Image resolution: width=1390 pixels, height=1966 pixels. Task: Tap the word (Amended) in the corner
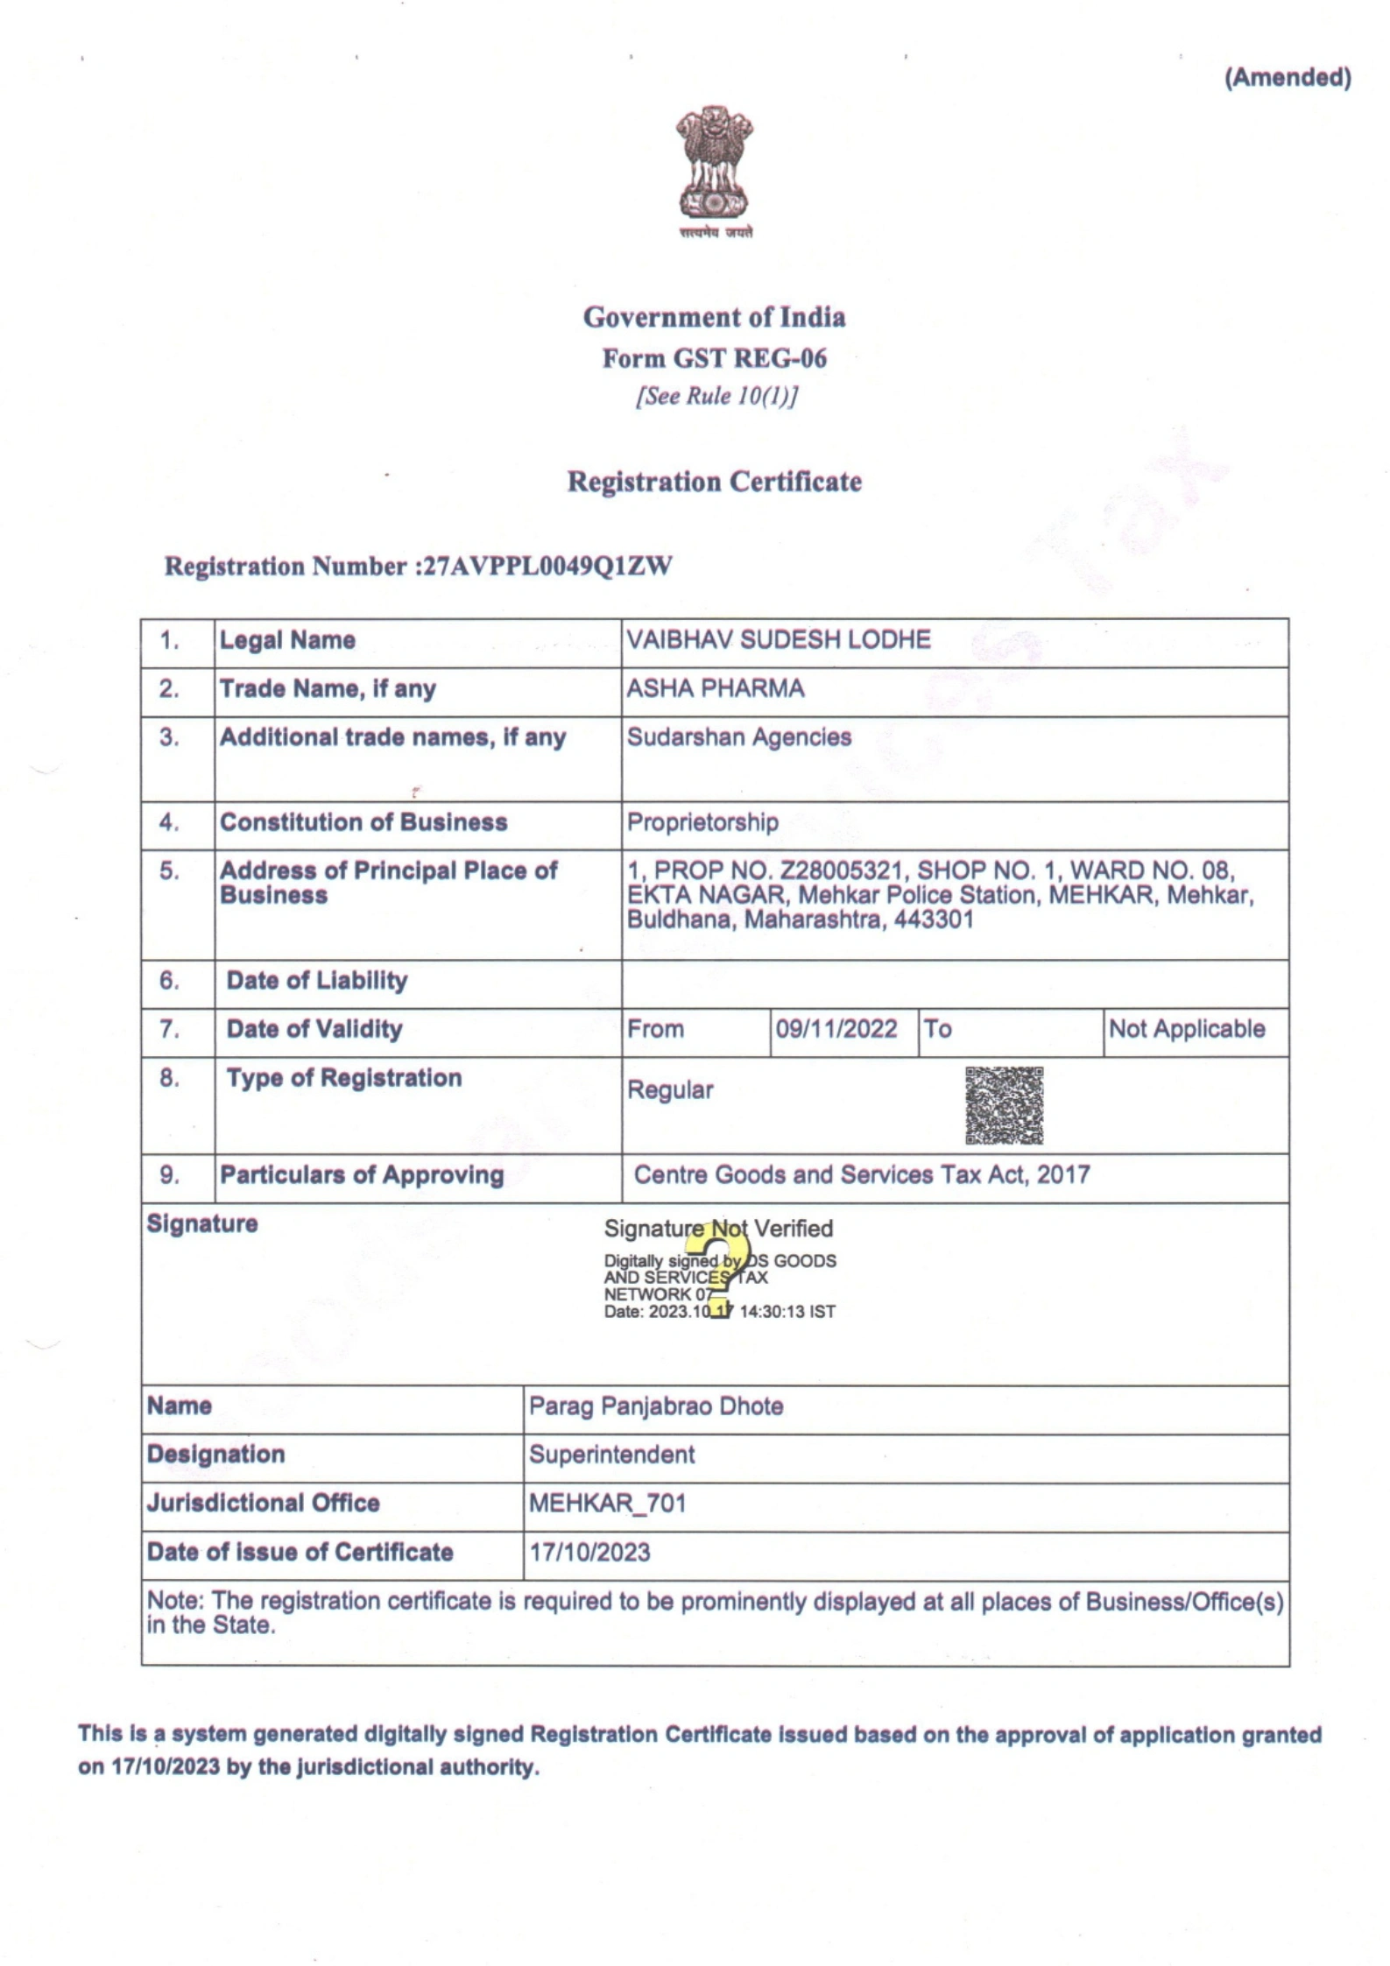pyautogui.click(x=1287, y=78)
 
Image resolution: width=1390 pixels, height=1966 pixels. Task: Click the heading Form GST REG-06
pyautogui.click(x=714, y=358)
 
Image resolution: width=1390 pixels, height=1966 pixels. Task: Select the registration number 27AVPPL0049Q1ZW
pyautogui.click(x=547, y=567)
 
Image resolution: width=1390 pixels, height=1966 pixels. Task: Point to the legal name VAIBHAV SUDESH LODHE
pyautogui.click(x=778, y=640)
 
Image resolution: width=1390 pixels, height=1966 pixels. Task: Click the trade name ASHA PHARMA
pyautogui.click(x=715, y=688)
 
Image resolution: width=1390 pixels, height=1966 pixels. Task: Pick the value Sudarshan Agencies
pyautogui.click(x=738, y=737)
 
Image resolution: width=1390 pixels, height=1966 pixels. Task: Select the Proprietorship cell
pyautogui.click(x=702, y=822)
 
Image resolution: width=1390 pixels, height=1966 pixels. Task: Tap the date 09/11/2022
pyautogui.click(x=836, y=1029)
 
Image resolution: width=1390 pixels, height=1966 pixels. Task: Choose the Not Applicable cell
pyautogui.click(x=1186, y=1029)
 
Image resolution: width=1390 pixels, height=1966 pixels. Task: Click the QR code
pyautogui.click(x=1004, y=1105)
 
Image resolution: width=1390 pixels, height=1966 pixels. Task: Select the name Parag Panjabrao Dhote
pyautogui.click(x=655, y=1406)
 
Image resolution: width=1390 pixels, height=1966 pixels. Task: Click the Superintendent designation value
pyautogui.click(x=611, y=1455)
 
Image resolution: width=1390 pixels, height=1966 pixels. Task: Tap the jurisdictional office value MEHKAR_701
pyautogui.click(x=607, y=1504)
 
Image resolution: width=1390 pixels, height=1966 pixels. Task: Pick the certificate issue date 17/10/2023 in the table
pyautogui.click(x=589, y=1553)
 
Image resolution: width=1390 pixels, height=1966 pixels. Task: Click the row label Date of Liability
pyautogui.click(x=317, y=981)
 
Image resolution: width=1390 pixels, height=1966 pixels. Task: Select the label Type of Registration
pyautogui.click(x=343, y=1078)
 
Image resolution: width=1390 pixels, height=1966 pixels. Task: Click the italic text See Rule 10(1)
pyautogui.click(x=716, y=397)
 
